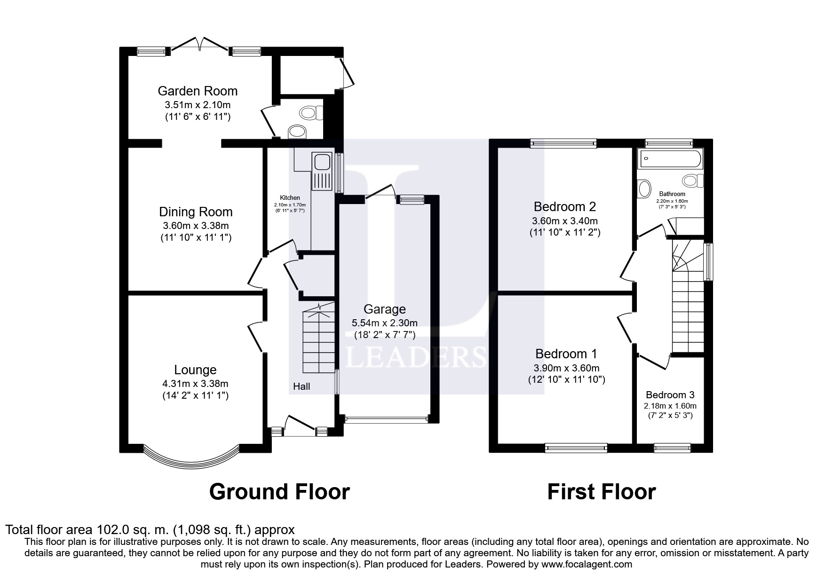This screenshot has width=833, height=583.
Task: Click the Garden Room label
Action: click(198, 91)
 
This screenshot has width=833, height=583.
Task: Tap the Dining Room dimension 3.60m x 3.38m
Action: click(196, 226)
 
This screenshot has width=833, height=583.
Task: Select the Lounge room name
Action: click(195, 370)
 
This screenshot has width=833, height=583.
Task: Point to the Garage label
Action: click(384, 309)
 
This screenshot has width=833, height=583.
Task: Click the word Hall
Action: click(301, 386)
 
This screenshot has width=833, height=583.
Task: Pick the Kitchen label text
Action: click(290, 198)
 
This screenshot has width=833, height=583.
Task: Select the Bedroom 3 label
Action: click(670, 395)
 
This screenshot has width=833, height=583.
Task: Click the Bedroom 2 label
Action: click(565, 206)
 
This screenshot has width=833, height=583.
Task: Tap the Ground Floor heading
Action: click(279, 491)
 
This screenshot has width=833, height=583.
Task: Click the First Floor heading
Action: click(601, 491)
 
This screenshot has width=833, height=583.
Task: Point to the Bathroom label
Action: click(672, 194)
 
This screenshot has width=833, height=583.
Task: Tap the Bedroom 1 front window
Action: click(576, 448)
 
